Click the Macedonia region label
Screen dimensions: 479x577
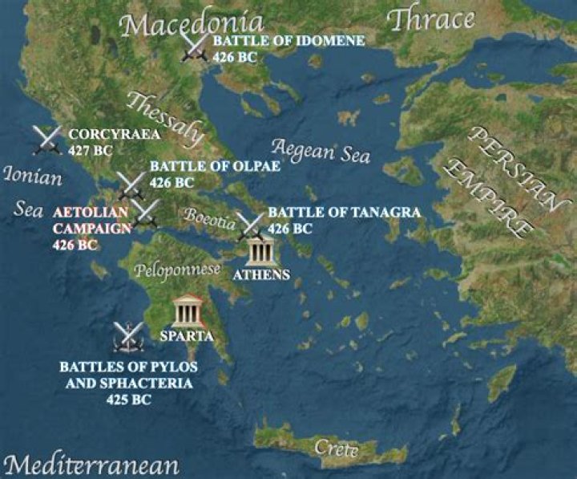click(x=192, y=23)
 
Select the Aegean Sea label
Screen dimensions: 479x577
click(x=321, y=151)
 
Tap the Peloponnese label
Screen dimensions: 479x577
click(x=179, y=270)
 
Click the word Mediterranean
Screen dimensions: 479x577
click(x=91, y=465)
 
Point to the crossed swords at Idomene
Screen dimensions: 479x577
click(x=196, y=46)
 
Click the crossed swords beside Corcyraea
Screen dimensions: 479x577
click(x=47, y=140)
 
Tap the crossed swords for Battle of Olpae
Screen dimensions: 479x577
click(x=131, y=185)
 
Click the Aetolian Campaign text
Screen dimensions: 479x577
click(x=91, y=221)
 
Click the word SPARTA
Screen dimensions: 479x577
click(x=187, y=335)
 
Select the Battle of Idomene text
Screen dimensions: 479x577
click(x=277, y=41)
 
